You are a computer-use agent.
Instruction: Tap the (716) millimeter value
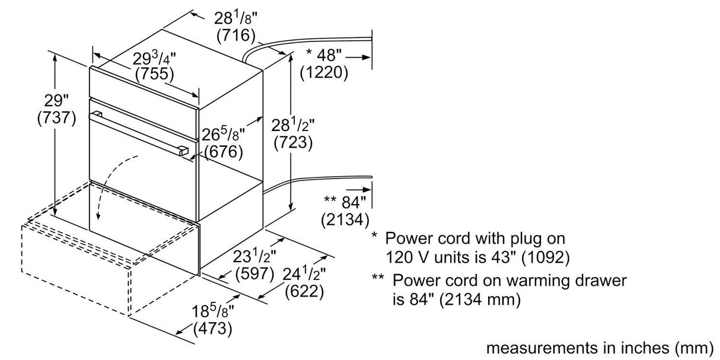pos(235,36)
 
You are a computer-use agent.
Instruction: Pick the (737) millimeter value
pos(56,117)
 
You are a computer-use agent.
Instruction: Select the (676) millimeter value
pos(224,152)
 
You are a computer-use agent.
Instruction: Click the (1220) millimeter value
pos(323,72)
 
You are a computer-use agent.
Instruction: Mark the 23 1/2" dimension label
pos(254,257)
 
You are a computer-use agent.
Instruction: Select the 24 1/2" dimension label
pos(304,274)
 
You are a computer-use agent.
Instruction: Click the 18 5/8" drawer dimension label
pos(212,310)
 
